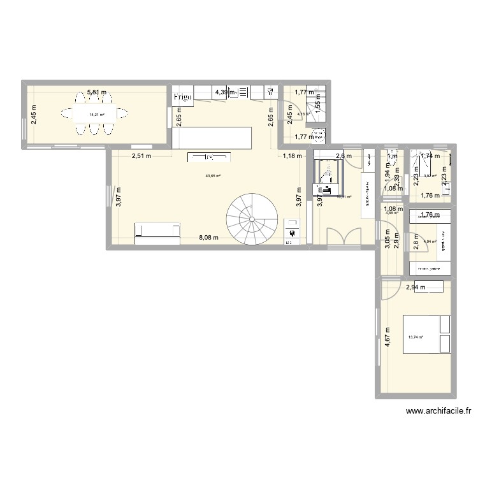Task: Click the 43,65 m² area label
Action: [x=213, y=177]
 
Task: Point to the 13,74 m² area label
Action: [x=415, y=337]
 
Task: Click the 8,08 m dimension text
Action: [x=208, y=238]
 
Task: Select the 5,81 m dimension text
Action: [x=96, y=92]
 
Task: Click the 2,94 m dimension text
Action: [x=416, y=288]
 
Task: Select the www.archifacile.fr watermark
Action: [x=437, y=412]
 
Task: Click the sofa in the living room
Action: [x=157, y=233]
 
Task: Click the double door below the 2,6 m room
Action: [x=344, y=237]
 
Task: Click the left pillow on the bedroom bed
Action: [x=444, y=324]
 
